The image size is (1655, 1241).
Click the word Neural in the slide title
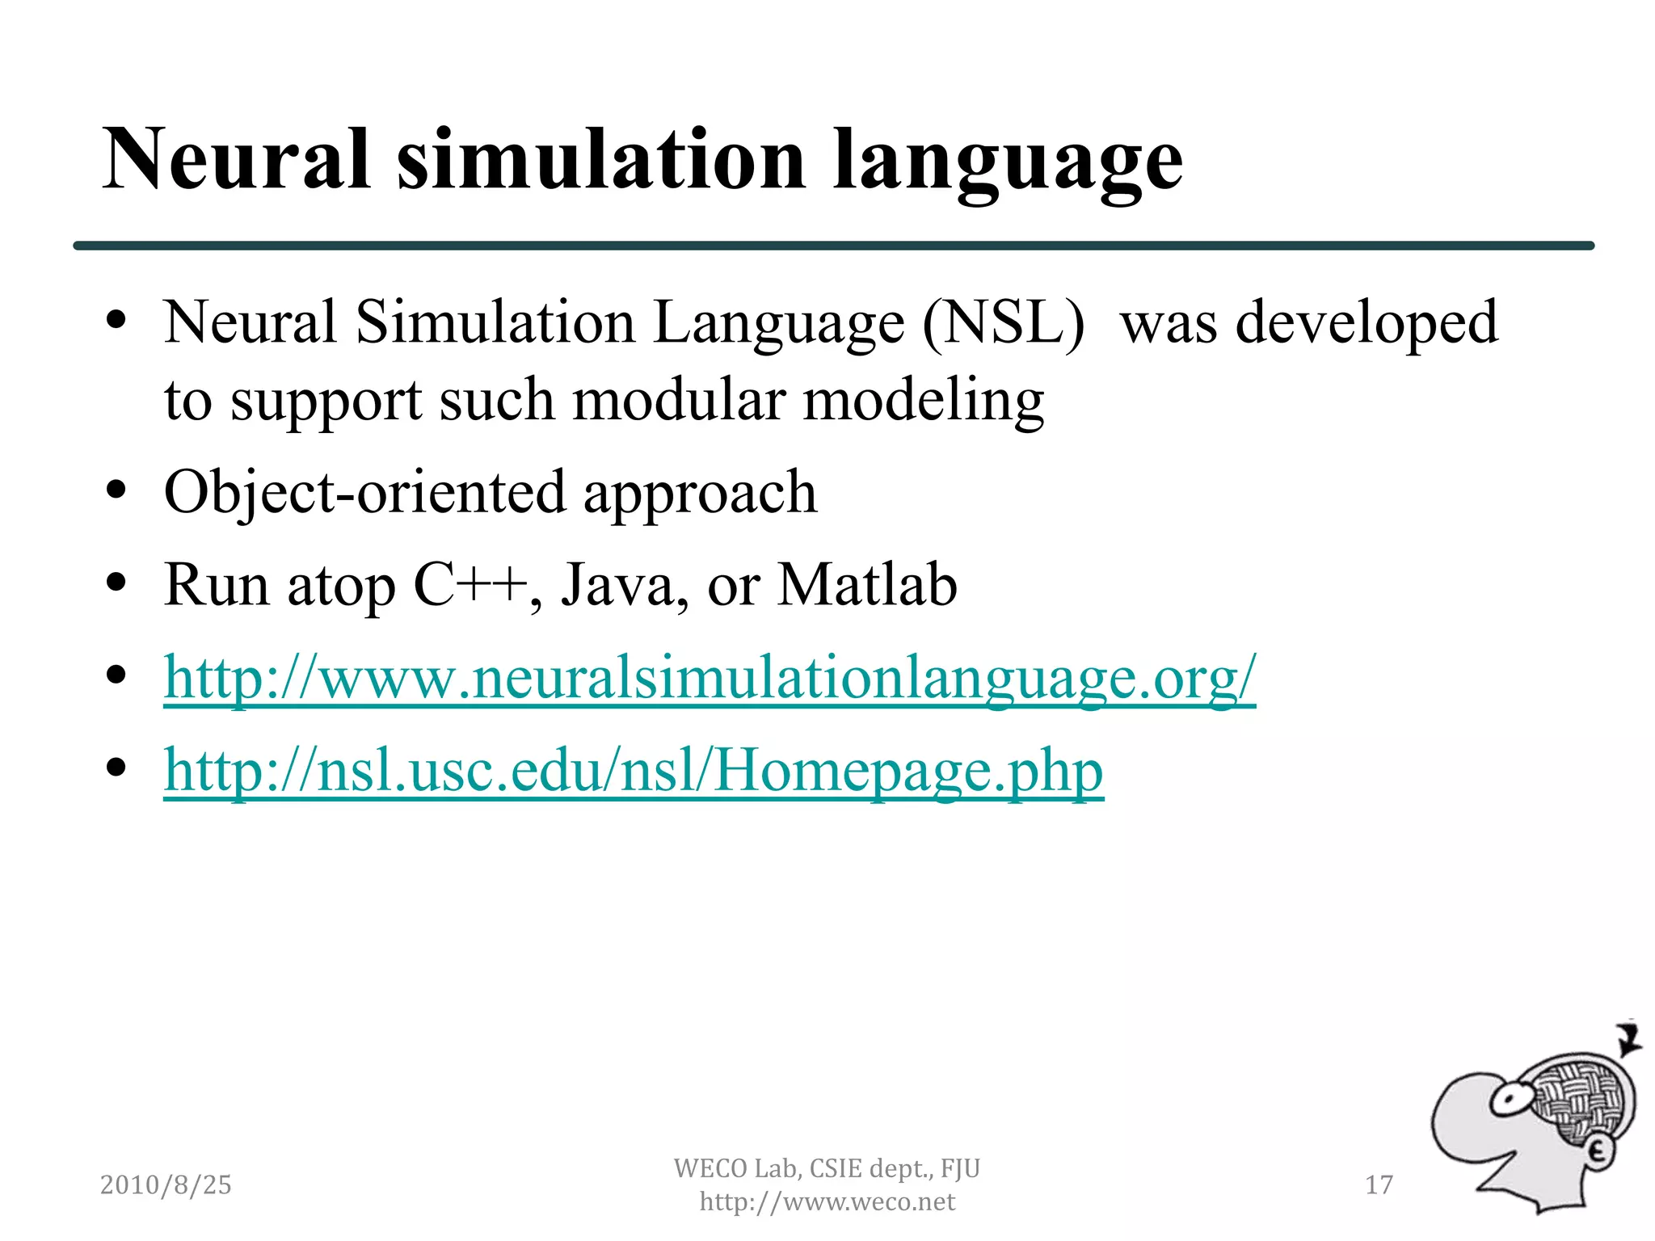(x=236, y=160)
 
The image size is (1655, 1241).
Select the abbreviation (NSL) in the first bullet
(x=1004, y=323)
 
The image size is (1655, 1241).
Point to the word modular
(x=679, y=400)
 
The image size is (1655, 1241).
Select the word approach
(x=700, y=494)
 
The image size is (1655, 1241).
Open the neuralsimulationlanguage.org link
(x=710, y=677)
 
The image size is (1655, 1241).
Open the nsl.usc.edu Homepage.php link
(x=634, y=770)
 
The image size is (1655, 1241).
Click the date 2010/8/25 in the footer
(x=166, y=1184)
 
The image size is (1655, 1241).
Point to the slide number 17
(x=1379, y=1184)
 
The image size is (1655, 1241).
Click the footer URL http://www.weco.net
(x=827, y=1201)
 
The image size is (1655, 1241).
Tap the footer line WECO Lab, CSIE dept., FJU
(x=827, y=1168)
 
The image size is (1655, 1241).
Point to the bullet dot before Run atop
(x=117, y=583)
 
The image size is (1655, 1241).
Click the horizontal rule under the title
(x=833, y=246)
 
